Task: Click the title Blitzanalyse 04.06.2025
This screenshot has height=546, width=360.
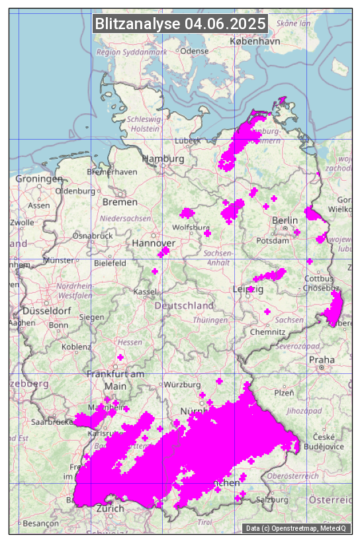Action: (180, 24)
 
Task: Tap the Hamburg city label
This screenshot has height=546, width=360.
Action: (163, 159)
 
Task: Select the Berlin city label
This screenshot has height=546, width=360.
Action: (285, 220)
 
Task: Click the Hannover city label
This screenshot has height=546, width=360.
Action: (154, 244)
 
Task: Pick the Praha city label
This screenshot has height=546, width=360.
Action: (322, 359)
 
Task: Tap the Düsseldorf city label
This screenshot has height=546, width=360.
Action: (46, 310)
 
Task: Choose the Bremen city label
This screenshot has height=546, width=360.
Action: (120, 202)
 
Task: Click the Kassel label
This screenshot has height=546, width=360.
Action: (144, 291)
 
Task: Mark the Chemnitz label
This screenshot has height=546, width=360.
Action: (272, 331)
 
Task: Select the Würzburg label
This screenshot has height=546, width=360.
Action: (183, 385)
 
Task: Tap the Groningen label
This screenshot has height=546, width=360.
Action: (38, 179)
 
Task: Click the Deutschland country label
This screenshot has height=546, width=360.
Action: (184, 306)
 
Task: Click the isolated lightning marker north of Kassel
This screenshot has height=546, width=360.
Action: (155, 271)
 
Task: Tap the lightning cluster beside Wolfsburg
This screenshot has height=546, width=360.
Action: (187, 213)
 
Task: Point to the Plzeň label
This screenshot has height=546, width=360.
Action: (284, 392)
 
